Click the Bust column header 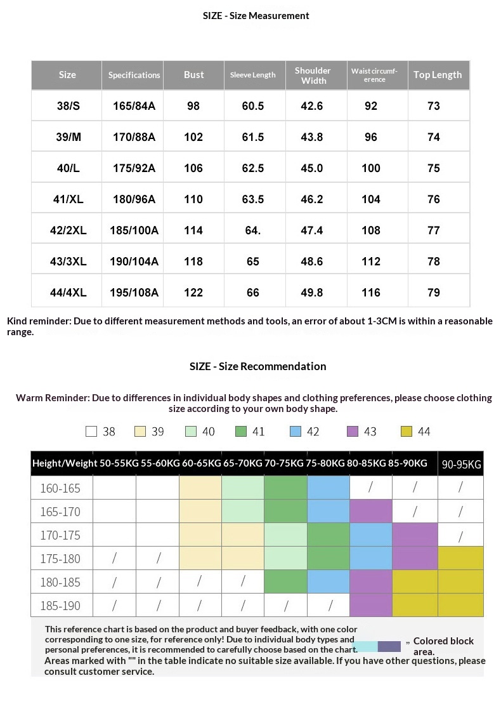coord(193,75)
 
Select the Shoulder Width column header coord(313,76)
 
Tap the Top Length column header coord(438,75)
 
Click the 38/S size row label coord(67,106)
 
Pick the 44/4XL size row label coord(67,293)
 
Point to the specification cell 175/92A coord(133,168)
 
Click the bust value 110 coord(193,199)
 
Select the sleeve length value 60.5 coord(252,106)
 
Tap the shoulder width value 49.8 coord(312,293)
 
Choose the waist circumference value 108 coord(371,230)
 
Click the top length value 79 coord(434,293)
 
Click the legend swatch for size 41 coord(240,432)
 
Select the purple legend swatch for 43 coord(353,432)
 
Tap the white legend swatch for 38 coord(91,432)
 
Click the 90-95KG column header coord(461,465)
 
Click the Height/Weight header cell coord(65,463)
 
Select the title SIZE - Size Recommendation coord(257,366)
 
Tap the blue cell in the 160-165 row coord(329,488)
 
